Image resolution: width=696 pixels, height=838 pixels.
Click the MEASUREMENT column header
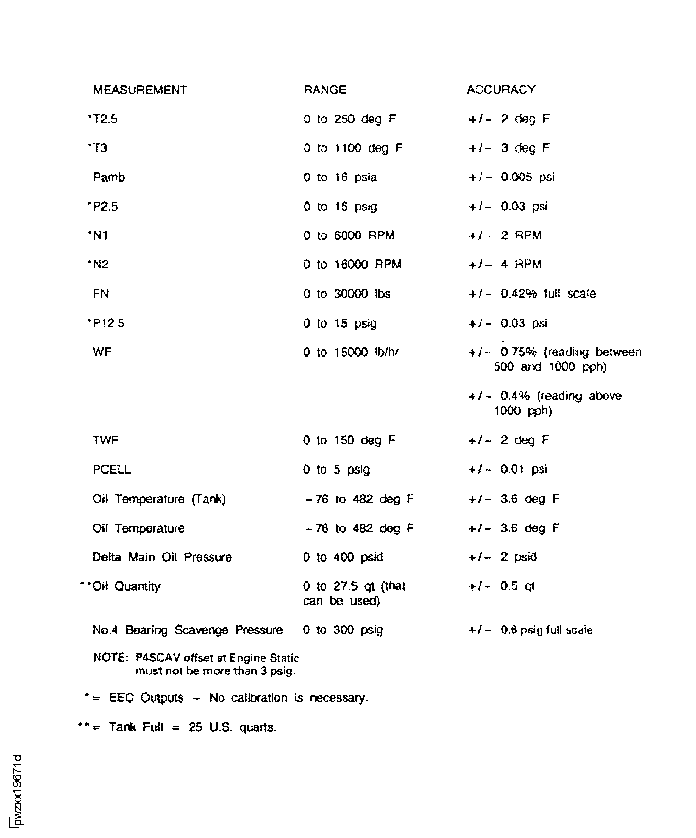(x=140, y=90)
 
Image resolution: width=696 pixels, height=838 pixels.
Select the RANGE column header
(x=325, y=90)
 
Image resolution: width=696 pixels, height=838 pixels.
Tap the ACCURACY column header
(x=501, y=90)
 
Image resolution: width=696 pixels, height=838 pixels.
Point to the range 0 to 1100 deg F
(x=353, y=148)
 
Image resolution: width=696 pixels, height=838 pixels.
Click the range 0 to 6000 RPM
(x=349, y=235)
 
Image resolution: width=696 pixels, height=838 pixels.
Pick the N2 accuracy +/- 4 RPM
(x=505, y=264)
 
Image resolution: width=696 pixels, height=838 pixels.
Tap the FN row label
(x=101, y=294)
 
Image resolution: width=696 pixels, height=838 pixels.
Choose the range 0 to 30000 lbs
(x=346, y=294)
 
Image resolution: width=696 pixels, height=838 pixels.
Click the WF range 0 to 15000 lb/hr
(x=351, y=352)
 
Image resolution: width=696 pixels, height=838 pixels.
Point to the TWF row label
(x=105, y=440)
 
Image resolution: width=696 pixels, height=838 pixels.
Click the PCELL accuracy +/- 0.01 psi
(x=508, y=469)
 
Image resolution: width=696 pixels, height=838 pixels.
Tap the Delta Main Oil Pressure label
(x=162, y=557)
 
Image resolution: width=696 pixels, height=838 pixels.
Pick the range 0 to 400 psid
(x=343, y=557)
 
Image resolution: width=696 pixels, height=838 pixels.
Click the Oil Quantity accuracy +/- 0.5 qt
(x=502, y=586)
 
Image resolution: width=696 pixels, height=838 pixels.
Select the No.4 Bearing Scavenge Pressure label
(x=187, y=630)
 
